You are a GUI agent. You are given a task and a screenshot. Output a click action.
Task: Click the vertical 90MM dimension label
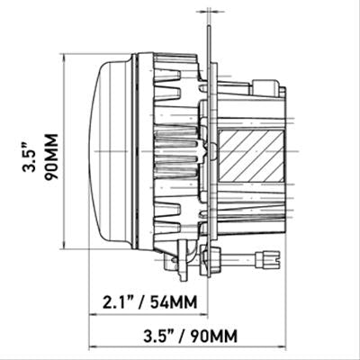click(x=50, y=157)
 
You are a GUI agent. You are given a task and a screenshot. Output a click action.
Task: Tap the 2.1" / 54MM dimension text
click(x=150, y=302)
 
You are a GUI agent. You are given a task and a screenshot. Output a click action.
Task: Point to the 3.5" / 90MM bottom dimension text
click(x=191, y=336)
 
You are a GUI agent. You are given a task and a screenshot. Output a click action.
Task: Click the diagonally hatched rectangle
click(x=251, y=157)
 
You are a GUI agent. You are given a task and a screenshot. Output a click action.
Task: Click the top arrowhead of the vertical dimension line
click(x=63, y=57)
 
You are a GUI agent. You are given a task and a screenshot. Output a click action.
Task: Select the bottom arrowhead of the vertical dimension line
click(x=63, y=246)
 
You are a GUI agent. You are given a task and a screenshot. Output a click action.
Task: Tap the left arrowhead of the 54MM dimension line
click(x=93, y=315)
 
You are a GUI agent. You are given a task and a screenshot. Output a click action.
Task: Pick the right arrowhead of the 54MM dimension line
click(x=204, y=315)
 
